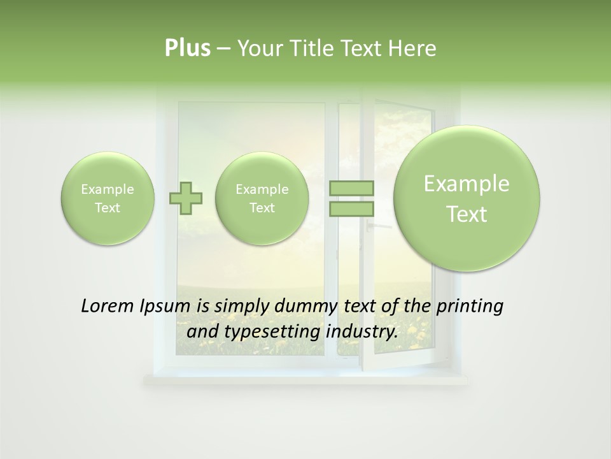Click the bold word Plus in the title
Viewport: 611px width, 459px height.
coord(187,48)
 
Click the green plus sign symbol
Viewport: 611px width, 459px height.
coord(186,198)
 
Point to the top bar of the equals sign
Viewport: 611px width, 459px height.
coord(351,188)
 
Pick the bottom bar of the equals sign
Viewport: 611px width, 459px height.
coord(351,208)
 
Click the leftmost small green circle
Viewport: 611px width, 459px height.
coord(108,198)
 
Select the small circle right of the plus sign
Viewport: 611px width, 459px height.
coord(262,198)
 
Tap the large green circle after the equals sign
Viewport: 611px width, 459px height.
coord(467,198)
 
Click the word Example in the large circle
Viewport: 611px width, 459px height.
coord(467,184)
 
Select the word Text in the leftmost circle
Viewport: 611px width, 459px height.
coord(108,208)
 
